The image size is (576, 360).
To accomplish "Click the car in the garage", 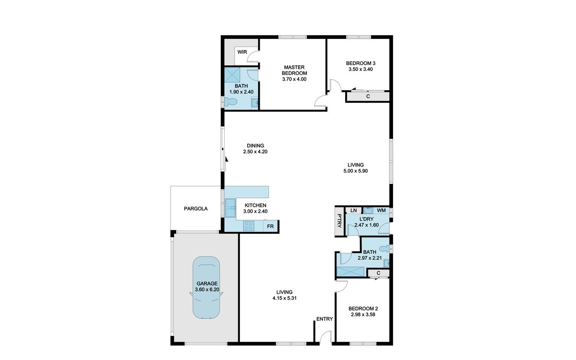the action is [x=206, y=288].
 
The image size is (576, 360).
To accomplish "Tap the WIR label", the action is [x=242, y=52].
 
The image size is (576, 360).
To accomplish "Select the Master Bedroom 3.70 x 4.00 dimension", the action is [x=294, y=79].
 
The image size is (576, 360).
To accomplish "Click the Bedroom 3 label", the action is [x=360, y=63].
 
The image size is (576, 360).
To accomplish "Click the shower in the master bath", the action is [x=232, y=75].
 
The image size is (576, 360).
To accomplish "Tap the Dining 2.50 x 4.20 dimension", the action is [x=255, y=152].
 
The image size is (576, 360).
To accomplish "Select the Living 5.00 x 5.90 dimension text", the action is [x=356, y=171].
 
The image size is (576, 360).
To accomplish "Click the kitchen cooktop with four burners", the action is [x=249, y=226].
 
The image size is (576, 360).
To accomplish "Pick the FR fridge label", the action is [x=270, y=227].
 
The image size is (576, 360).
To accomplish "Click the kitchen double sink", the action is [x=230, y=208].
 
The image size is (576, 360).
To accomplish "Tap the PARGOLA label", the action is [x=196, y=208].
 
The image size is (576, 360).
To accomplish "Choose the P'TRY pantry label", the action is [x=339, y=221].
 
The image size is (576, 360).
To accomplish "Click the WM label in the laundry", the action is [x=381, y=210].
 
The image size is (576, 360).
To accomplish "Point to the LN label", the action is [x=354, y=210].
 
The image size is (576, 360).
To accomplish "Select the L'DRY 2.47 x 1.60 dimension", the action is [x=366, y=225].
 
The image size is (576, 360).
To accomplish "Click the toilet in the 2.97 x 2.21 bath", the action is [x=384, y=249].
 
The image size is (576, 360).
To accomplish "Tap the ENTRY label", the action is [x=324, y=319].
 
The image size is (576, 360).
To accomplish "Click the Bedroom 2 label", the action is [x=363, y=308].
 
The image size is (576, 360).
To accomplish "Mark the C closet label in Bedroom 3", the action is [x=368, y=96].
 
